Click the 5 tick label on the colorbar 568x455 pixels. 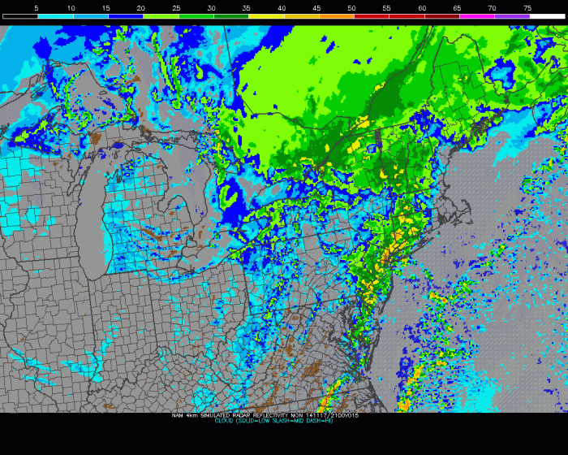pyautogui.click(x=37, y=7)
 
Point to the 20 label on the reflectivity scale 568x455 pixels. pyautogui.click(x=141, y=7)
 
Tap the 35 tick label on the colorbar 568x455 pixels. pyautogui.click(x=247, y=7)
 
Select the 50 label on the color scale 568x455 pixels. pyautogui.click(x=351, y=7)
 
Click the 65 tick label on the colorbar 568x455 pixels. pyautogui.click(x=457, y=7)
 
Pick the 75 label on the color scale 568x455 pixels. pyautogui.click(x=527, y=7)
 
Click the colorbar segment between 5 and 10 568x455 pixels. pyautogui.click(x=54, y=16)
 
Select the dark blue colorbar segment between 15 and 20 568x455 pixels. pyautogui.click(x=125, y=16)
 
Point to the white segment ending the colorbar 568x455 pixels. pyautogui.click(x=547, y=16)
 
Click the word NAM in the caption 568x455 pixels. pyautogui.click(x=178, y=415)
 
